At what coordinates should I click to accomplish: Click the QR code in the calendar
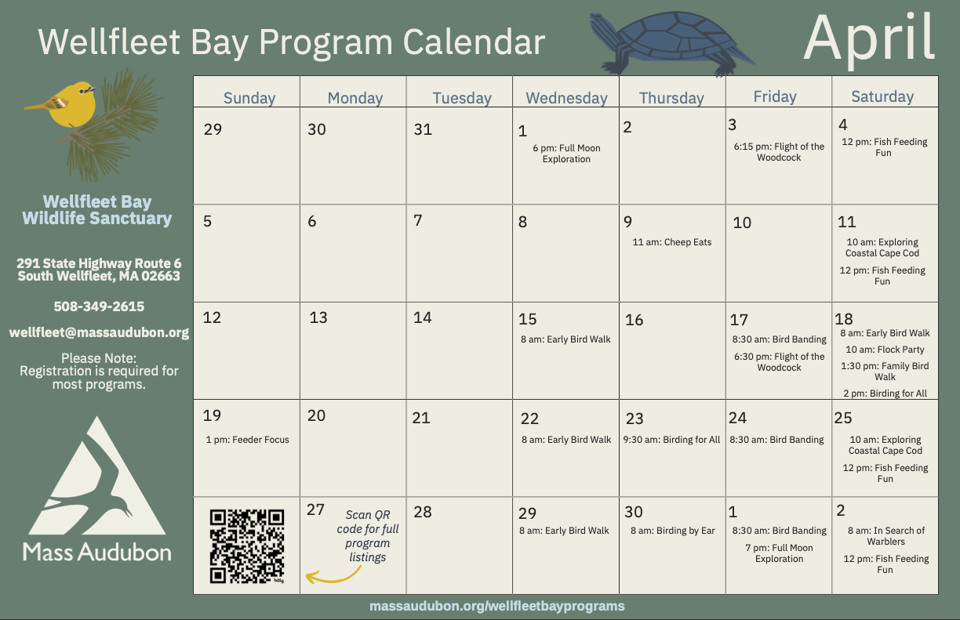pyautogui.click(x=247, y=546)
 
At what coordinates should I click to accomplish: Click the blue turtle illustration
pyautogui.click(x=671, y=43)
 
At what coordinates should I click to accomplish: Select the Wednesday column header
pyautogui.click(x=566, y=98)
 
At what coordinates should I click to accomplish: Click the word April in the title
pyautogui.click(x=869, y=37)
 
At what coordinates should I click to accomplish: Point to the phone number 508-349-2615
pyautogui.click(x=99, y=306)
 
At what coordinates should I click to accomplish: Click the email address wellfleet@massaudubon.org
pyautogui.click(x=99, y=332)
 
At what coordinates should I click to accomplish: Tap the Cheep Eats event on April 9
pyautogui.click(x=672, y=242)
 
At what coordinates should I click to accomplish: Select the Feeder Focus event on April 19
pyautogui.click(x=248, y=440)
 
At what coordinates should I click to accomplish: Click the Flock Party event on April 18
pyautogui.click(x=885, y=350)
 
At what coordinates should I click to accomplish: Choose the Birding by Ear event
pyautogui.click(x=673, y=531)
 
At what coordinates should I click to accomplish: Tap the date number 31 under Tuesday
pyautogui.click(x=423, y=129)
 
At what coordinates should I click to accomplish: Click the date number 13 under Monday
pyautogui.click(x=318, y=317)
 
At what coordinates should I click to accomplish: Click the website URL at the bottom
pyautogui.click(x=497, y=606)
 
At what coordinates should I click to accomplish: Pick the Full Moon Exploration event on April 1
pyautogui.click(x=566, y=154)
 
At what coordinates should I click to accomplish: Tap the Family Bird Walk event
pyautogui.click(x=885, y=372)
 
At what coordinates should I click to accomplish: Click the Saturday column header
pyautogui.click(x=882, y=96)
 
